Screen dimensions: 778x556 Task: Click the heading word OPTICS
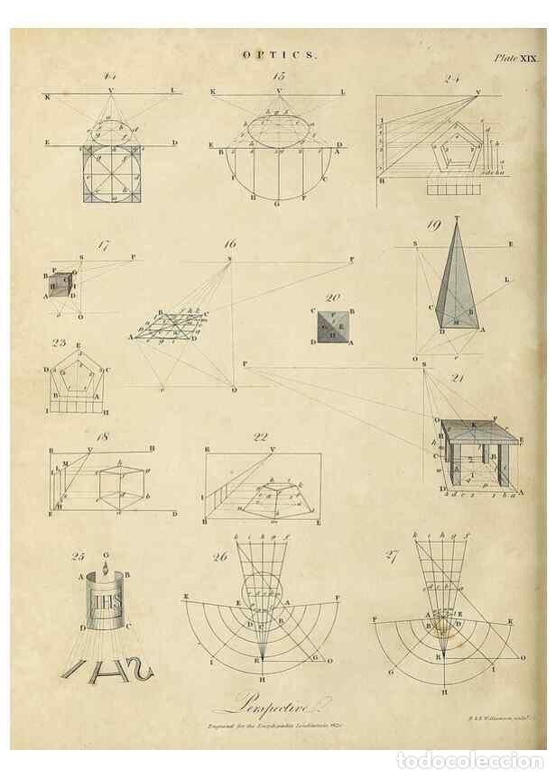pyautogui.click(x=279, y=54)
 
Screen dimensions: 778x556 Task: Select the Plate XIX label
pyautogui.click(x=515, y=58)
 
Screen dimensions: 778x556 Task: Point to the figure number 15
pyautogui.click(x=278, y=76)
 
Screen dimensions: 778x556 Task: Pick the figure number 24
pyautogui.click(x=453, y=78)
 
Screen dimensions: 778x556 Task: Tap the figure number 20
pyautogui.click(x=332, y=297)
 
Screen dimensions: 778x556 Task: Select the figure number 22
pyautogui.click(x=261, y=437)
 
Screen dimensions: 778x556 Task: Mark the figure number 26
pyautogui.click(x=220, y=556)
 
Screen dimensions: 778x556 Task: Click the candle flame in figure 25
pyautogui.click(x=107, y=569)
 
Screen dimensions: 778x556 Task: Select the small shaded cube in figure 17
pyautogui.click(x=60, y=285)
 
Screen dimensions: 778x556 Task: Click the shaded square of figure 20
pyautogui.click(x=332, y=326)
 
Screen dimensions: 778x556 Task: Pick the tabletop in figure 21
pyautogui.click(x=479, y=434)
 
